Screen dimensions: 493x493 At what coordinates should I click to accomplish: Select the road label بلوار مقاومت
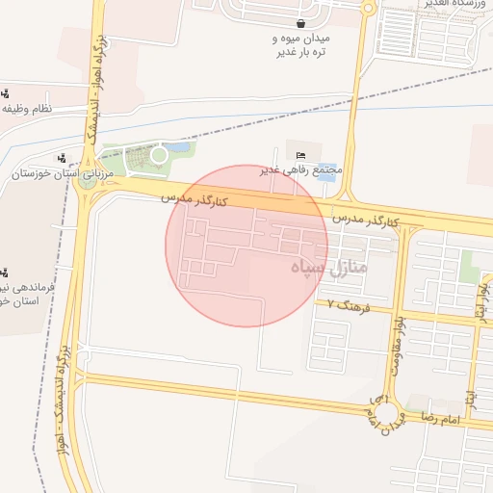(x=397, y=346)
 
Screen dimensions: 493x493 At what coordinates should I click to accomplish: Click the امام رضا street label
(x=440, y=420)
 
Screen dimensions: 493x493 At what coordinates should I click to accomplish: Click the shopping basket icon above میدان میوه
(x=301, y=23)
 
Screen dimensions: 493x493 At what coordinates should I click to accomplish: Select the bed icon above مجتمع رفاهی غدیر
(x=300, y=155)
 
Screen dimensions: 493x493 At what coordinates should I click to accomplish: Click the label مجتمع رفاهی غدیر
(x=300, y=170)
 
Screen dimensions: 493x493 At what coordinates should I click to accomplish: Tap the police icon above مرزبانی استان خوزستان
(x=63, y=158)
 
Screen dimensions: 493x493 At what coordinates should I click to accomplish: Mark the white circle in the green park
(x=159, y=154)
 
